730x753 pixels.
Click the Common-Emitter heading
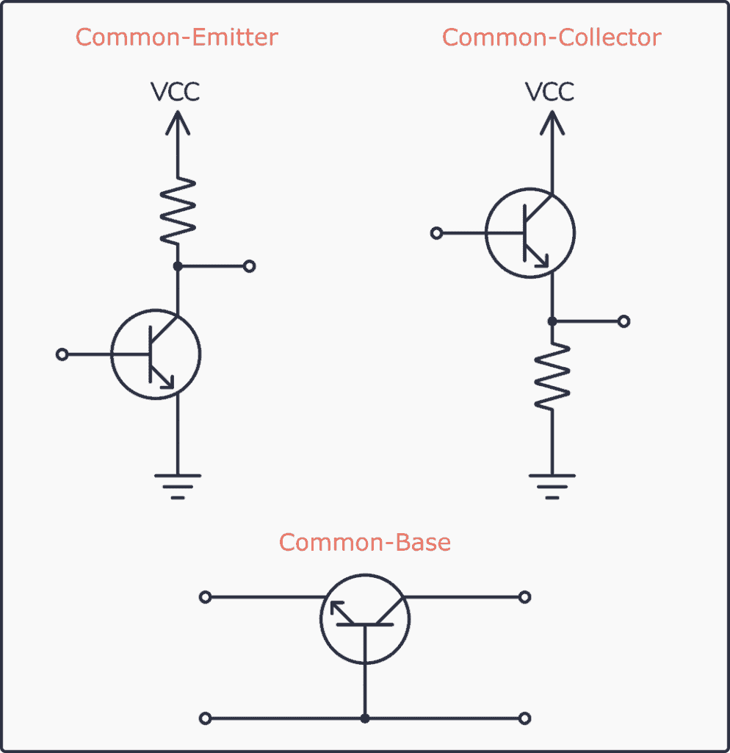177,37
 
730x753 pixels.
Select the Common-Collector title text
552,37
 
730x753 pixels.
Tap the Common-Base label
365,543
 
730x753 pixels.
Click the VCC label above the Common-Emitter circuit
176,92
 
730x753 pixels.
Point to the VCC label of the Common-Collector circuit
551,92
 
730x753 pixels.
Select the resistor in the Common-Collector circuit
552,376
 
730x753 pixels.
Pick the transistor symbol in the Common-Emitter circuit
156,355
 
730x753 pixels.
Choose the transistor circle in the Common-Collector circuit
530,234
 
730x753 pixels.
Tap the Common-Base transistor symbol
365,619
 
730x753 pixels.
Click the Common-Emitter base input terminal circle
62,355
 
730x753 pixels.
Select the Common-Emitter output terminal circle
249,266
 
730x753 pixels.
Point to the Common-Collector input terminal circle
437,234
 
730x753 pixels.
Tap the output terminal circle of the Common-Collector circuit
624,321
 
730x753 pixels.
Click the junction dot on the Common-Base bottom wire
365,718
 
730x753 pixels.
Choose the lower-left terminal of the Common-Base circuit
206,718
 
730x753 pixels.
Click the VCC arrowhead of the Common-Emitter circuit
177,121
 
